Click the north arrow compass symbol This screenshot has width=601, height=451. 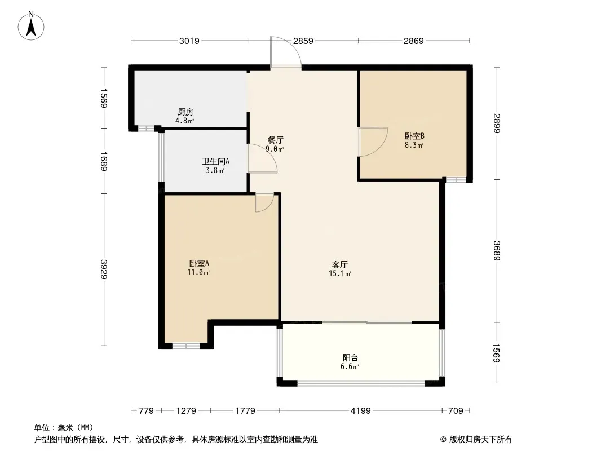(31, 26)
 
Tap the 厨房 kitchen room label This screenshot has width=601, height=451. (185, 112)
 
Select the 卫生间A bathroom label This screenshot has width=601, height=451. (215, 162)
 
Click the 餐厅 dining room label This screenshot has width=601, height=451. (275, 140)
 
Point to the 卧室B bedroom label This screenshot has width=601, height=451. (414, 136)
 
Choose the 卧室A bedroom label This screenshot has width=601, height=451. (199, 264)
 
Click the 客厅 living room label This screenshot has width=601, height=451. (339, 265)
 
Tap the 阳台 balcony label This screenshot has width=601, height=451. (350, 358)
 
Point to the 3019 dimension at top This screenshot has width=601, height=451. (189, 41)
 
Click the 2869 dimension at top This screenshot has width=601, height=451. (414, 41)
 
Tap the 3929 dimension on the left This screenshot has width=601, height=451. (104, 269)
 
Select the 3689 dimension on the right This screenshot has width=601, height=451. (497, 251)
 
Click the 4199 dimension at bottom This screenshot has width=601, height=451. (361, 411)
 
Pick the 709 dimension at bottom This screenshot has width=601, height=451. (456, 411)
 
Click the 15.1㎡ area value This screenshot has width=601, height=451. (340, 273)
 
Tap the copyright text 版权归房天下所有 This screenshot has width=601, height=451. (480, 440)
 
